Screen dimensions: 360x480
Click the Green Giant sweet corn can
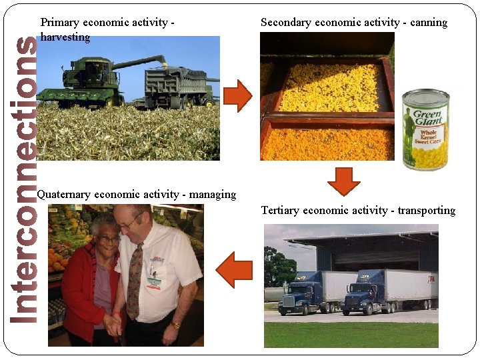click(x=425, y=130)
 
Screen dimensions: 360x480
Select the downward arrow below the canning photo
click(x=344, y=181)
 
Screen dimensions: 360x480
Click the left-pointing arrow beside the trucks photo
click(x=235, y=269)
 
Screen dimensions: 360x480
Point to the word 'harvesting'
click(x=65, y=37)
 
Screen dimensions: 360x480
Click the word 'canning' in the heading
click(x=429, y=23)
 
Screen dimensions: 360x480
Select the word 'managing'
click(x=213, y=195)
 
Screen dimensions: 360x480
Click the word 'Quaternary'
click(x=65, y=195)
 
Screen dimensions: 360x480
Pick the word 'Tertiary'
click(x=280, y=211)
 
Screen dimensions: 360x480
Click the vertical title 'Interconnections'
click(x=25, y=180)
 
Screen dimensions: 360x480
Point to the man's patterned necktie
click(x=136, y=280)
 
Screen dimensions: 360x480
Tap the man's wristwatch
click(x=175, y=325)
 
